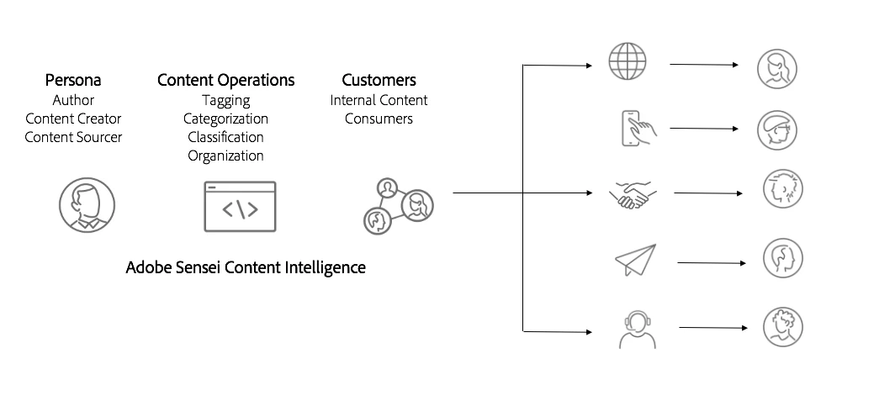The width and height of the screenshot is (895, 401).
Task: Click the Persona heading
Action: pos(73,81)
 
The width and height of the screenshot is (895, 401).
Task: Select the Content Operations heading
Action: pos(225,81)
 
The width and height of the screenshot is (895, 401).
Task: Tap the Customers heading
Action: pos(379,81)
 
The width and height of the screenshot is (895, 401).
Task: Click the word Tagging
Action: pos(225,101)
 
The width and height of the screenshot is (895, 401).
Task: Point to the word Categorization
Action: pos(225,119)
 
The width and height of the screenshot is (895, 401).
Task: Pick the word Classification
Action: pos(225,138)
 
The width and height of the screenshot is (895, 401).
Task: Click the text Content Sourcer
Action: pos(73,137)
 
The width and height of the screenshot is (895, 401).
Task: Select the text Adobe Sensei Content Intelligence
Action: pos(246,268)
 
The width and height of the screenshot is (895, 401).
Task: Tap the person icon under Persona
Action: pos(87,205)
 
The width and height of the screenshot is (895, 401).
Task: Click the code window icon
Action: pos(240,207)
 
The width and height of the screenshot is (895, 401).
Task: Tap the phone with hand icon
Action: pos(637,129)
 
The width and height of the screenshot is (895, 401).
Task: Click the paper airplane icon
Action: pos(635,260)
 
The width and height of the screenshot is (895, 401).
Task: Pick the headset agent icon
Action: pos(637,328)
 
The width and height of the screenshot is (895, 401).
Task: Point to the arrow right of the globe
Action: pos(704,64)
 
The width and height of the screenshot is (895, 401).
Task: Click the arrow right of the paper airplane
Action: pos(711,263)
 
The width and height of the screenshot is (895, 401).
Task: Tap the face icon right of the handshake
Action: pos(782,190)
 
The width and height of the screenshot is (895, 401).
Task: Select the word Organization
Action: pos(225,156)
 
